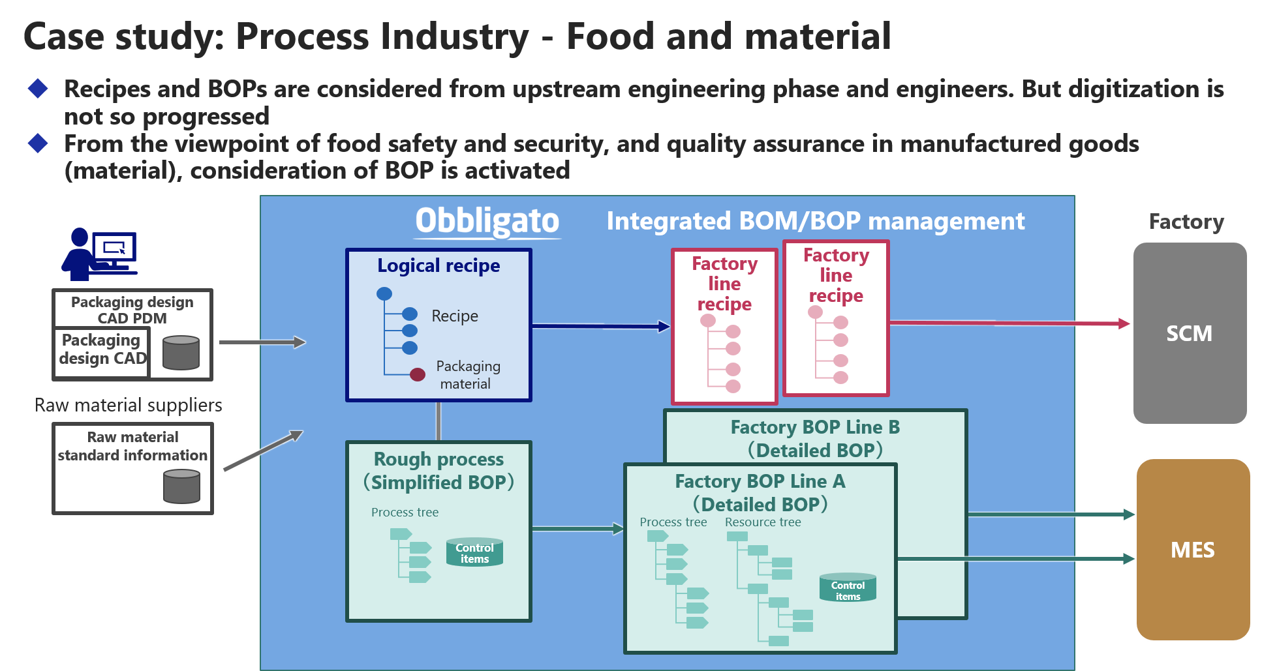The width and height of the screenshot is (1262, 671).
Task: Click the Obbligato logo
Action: (x=487, y=222)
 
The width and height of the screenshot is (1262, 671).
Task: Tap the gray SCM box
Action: (x=1190, y=333)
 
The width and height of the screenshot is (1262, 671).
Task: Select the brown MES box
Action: (x=1193, y=550)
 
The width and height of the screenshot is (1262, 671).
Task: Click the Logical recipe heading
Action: (x=439, y=265)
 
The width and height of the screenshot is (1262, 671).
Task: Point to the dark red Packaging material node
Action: (x=418, y=374)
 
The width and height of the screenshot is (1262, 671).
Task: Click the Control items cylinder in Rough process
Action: (x=474, y=552)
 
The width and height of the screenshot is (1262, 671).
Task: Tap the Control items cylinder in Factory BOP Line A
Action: (x=848, y=588)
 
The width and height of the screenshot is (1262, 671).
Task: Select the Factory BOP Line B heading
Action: (x=815, y=427)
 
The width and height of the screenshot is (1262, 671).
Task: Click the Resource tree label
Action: (x=763, y=522)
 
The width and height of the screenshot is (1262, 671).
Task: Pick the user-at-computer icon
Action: (x=99, y=254)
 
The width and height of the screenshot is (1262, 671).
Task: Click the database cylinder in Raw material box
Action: (x=181, y=486)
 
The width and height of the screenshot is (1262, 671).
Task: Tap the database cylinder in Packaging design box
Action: (x=181, y=353)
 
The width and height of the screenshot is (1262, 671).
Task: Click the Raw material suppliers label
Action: (x=129, y=405)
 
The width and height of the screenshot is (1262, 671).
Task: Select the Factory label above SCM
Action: (x=1186, y=222)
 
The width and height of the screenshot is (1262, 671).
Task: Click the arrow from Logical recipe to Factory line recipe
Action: (x=601, y=326)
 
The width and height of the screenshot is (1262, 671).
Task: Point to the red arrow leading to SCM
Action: (x=1009, y=323)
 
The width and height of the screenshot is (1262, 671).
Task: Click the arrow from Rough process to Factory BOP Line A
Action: (x=578, y=529)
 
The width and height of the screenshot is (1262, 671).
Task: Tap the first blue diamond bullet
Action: (x=38, y=89)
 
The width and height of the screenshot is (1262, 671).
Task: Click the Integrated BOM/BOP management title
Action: (x=816, y=222)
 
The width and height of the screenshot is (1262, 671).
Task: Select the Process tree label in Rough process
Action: (x=405, y=513)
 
